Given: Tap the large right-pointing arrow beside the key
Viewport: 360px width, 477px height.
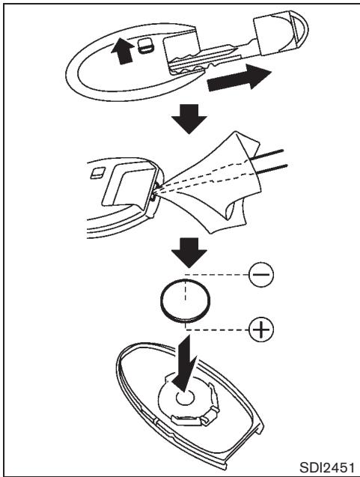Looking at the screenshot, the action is point(239,78).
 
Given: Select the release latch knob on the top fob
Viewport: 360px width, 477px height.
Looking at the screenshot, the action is point(147,46).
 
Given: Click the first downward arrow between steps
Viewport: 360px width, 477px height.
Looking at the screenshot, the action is point(189,119).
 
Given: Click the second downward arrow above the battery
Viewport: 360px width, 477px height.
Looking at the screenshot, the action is point(189,252).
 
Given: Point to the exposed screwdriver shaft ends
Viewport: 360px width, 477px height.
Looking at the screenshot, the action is point(270,159).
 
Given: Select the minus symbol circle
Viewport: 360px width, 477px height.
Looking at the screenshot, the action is point(261,274).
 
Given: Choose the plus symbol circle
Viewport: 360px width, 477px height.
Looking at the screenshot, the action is point(261,329).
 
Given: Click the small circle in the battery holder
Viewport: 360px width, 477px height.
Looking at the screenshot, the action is point(185,398).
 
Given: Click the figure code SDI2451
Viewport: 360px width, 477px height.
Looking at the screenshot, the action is point(327,467).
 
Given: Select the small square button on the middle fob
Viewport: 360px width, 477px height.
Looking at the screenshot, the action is point(97,172).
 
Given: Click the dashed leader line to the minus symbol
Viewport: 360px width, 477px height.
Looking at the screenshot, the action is point(217,275).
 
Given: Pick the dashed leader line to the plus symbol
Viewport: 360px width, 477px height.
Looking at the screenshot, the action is point(217,329).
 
